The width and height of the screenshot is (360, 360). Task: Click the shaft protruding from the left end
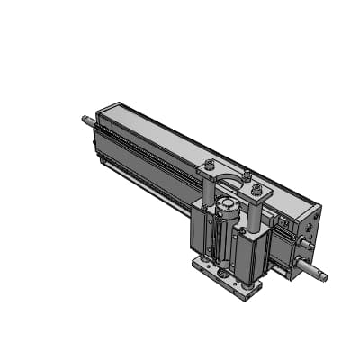[88, 118]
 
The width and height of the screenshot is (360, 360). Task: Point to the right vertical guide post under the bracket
[256, 214]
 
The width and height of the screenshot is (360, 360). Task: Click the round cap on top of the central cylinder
[229, 209]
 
